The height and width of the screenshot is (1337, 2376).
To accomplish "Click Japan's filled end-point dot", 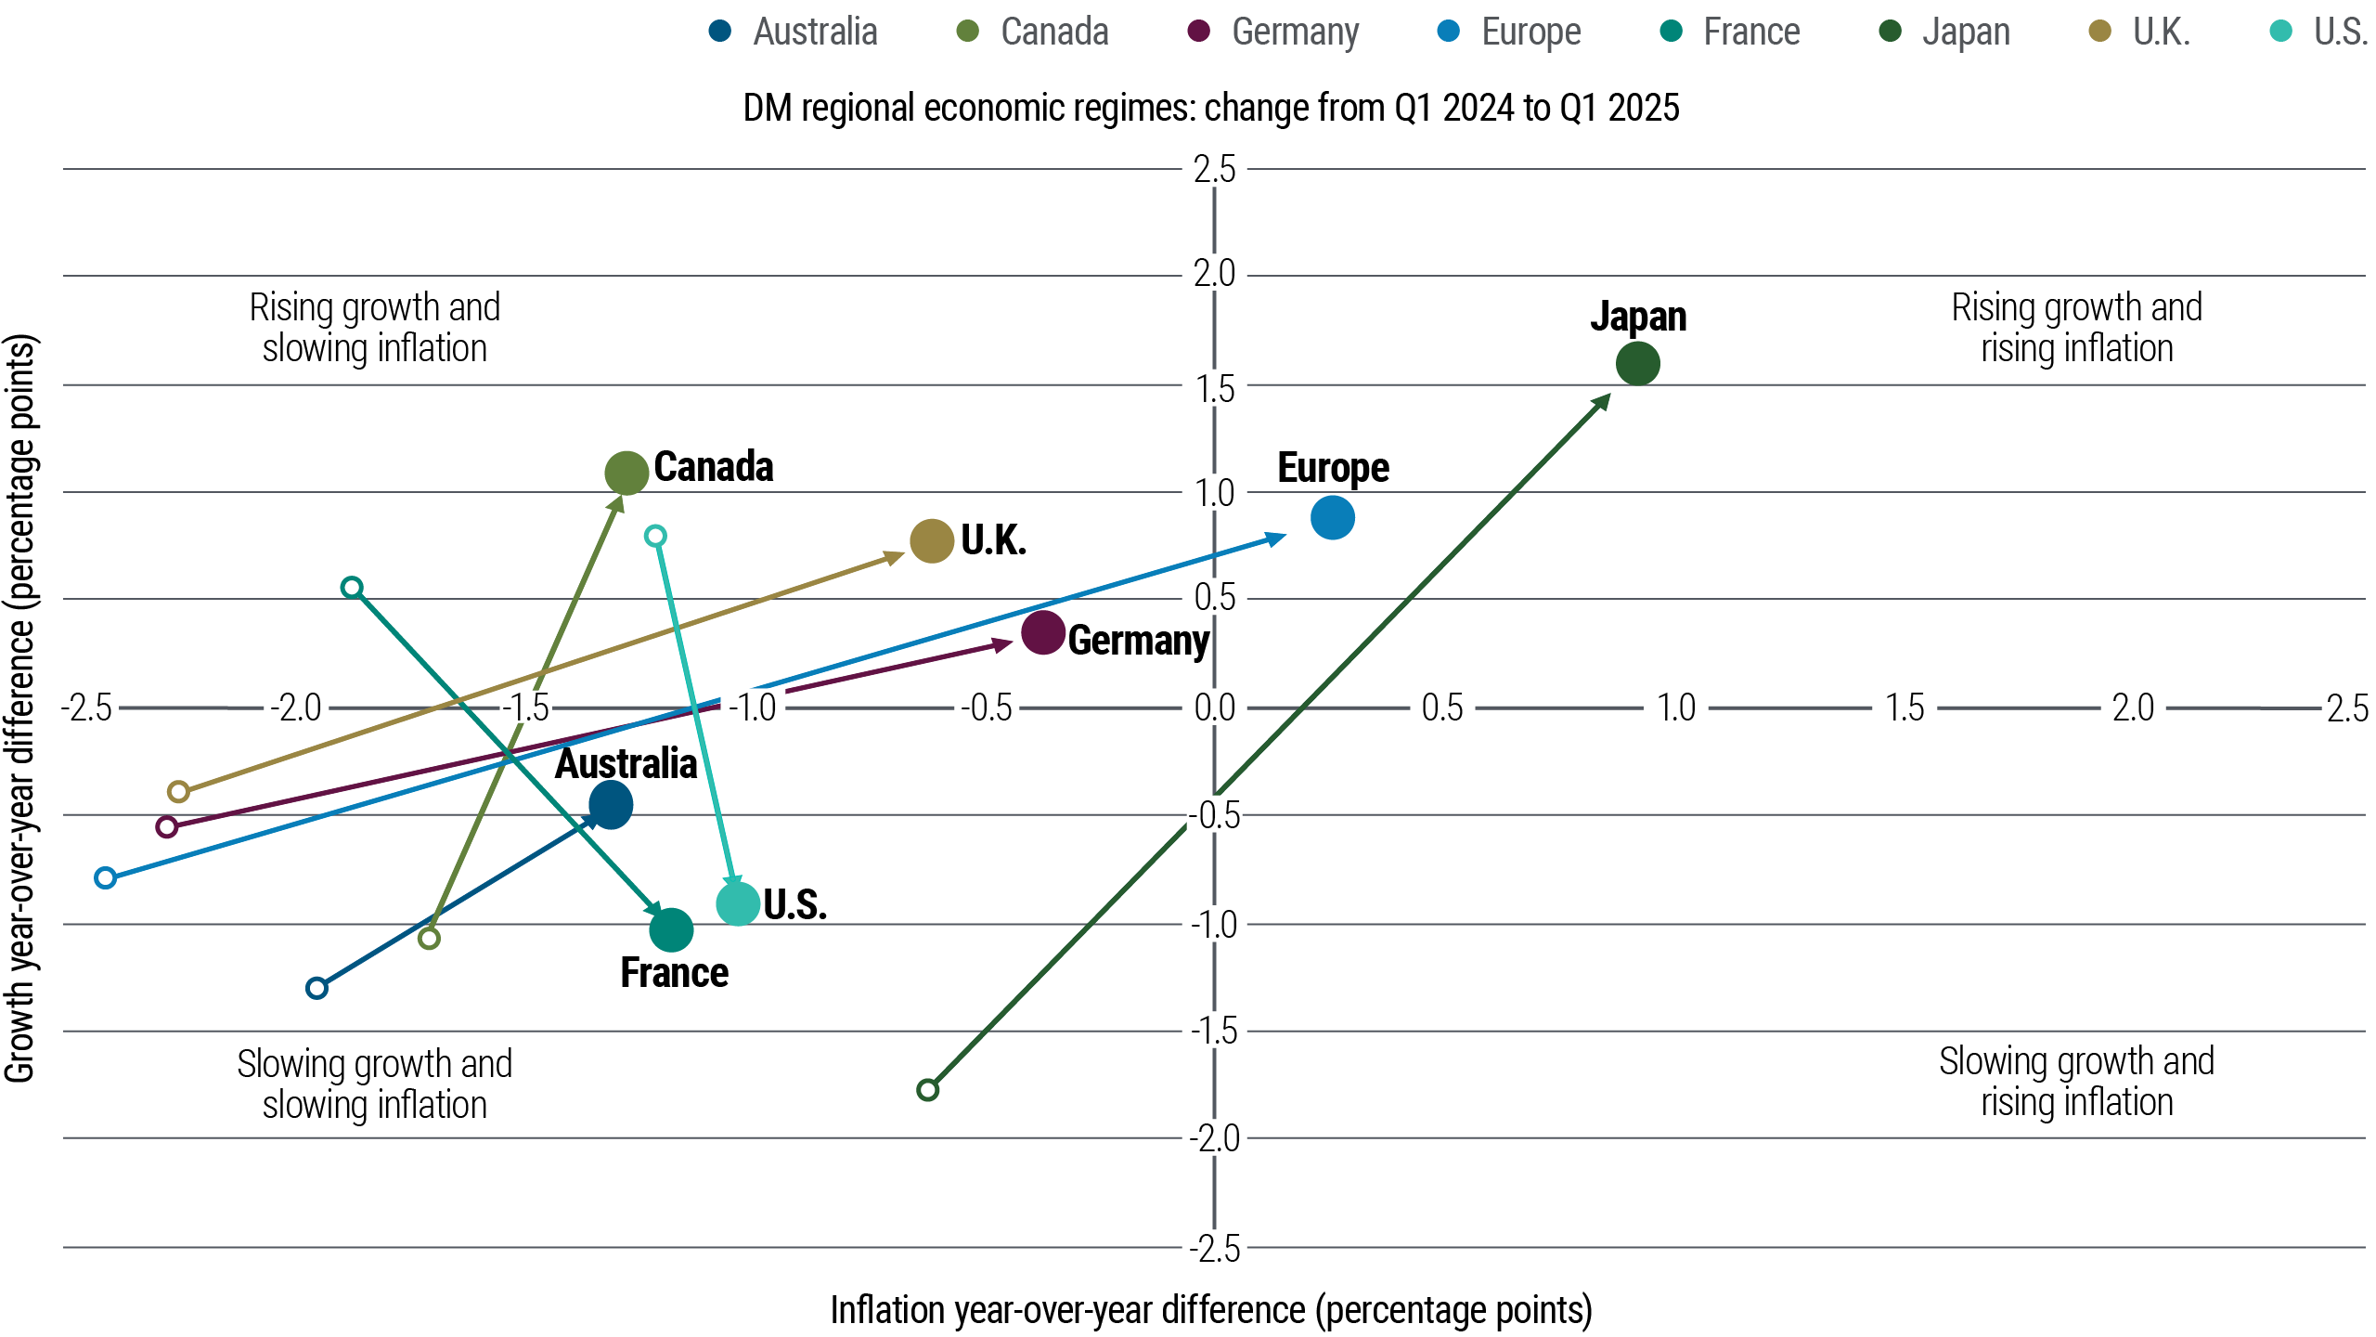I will pos(1637,363).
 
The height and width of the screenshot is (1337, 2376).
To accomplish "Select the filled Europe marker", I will pos(1333,517).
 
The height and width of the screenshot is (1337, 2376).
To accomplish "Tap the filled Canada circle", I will pos(626,473).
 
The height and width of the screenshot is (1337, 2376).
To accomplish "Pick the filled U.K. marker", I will pos(932,540).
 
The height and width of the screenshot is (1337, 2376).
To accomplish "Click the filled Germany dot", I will pos(1042,632).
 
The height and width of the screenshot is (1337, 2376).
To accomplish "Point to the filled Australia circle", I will pos(611,805).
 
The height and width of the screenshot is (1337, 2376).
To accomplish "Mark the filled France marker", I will pos(671,929).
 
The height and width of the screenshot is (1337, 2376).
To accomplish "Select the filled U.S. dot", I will pos(739,903).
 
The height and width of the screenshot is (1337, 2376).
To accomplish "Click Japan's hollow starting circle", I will pos(927,1089).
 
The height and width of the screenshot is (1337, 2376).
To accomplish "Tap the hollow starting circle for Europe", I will pos(106,877).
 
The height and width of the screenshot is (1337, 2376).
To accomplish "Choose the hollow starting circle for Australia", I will pos(316,987).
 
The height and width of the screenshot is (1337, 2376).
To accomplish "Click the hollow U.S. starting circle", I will pos(655,536).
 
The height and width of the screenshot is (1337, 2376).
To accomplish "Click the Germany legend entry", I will pos(1273,32).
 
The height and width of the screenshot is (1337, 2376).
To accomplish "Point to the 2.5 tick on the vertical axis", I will pos(1214,170).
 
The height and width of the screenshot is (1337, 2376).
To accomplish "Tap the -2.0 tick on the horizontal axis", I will pos(295,708).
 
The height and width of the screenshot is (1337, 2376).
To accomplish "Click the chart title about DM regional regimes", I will pos(1210,108).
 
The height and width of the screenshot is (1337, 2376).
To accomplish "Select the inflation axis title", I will pos(1210,1310).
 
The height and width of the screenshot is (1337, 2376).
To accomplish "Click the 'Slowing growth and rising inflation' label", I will pos(2076,1082).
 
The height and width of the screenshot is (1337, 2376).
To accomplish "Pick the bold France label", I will pos(674,973).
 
